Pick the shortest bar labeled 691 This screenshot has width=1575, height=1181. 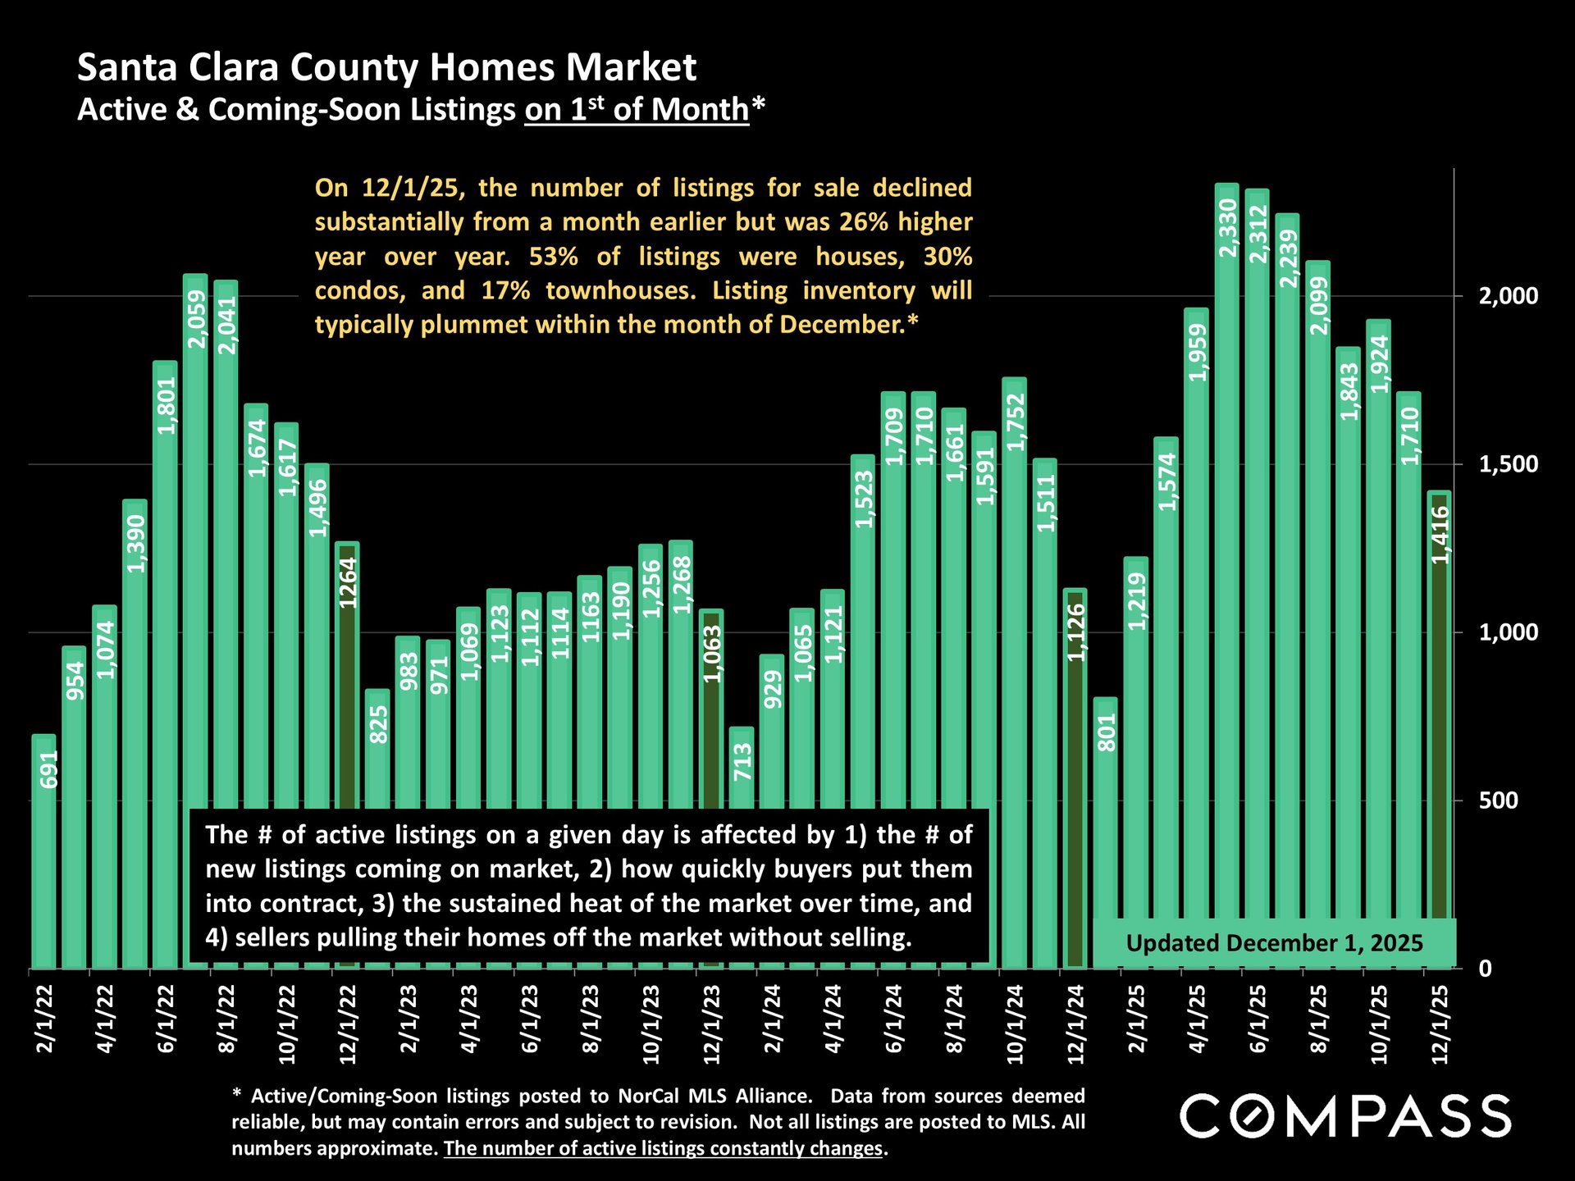coord(44,853)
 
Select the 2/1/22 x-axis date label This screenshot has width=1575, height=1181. coord(44,1019)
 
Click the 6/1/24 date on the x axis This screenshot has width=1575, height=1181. coord(893,1019)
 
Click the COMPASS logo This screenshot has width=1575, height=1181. coord(1345,1115)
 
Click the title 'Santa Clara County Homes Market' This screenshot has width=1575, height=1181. coord(386,67)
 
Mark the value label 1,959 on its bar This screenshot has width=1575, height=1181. coord(1198,353)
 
